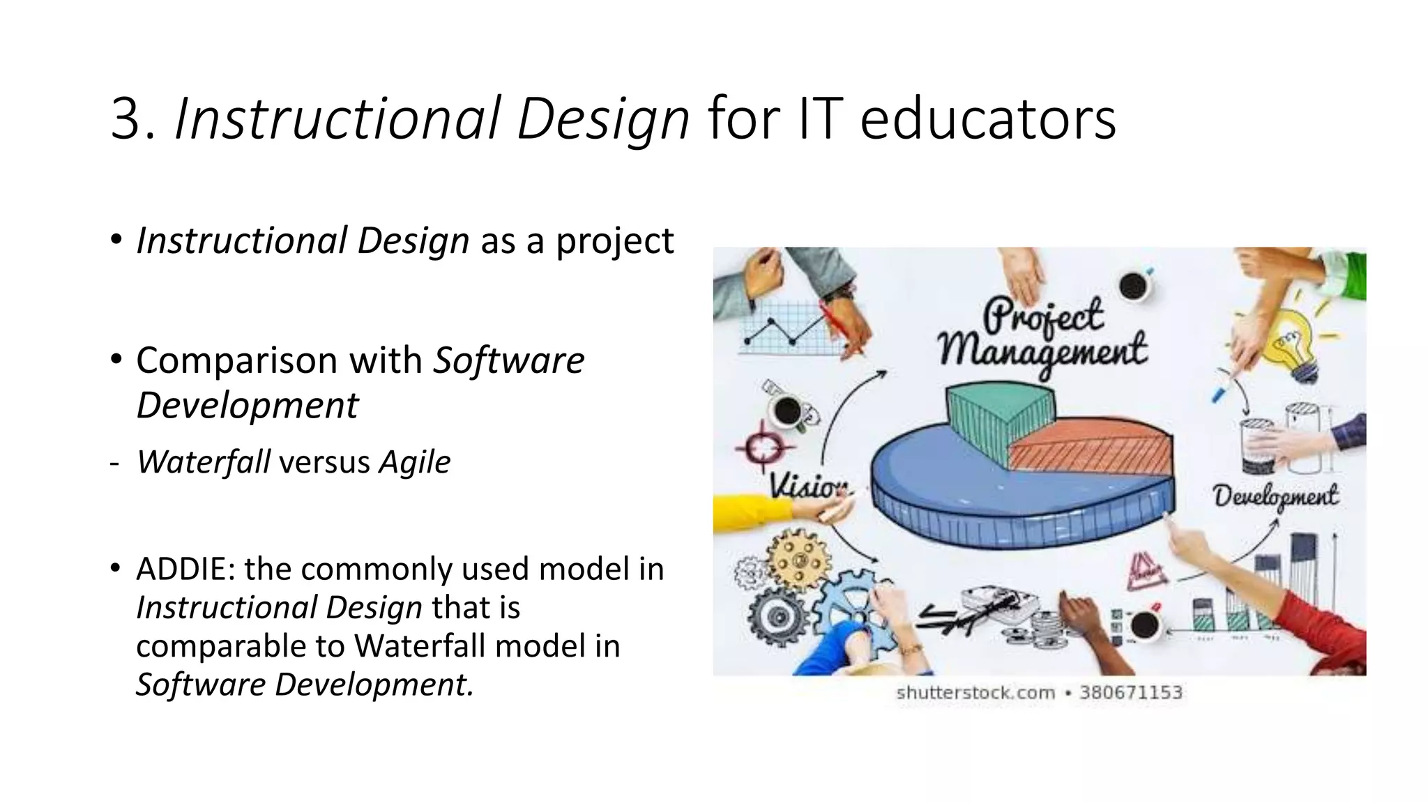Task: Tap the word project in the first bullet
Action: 614,241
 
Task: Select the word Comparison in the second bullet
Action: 279,361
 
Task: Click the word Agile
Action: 415,462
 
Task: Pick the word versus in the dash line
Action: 324,463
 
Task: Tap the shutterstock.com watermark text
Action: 975,693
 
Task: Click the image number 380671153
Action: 1131,693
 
